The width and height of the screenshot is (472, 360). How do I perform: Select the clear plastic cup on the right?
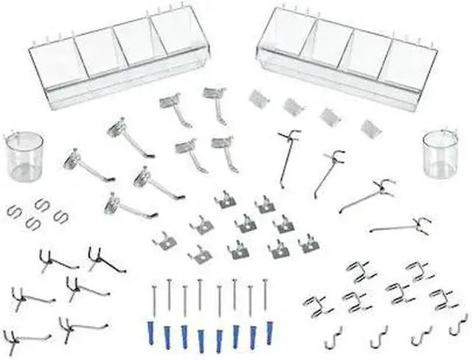click(x=440, y=158)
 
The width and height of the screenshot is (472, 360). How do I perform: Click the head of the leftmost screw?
click(x=152, y=283)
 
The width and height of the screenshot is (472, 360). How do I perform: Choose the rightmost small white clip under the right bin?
click(x=367, y=125)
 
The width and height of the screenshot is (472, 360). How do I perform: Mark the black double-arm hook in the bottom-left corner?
click(x=17, y=339)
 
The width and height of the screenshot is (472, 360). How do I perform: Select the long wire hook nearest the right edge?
click(x=404, y=226)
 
